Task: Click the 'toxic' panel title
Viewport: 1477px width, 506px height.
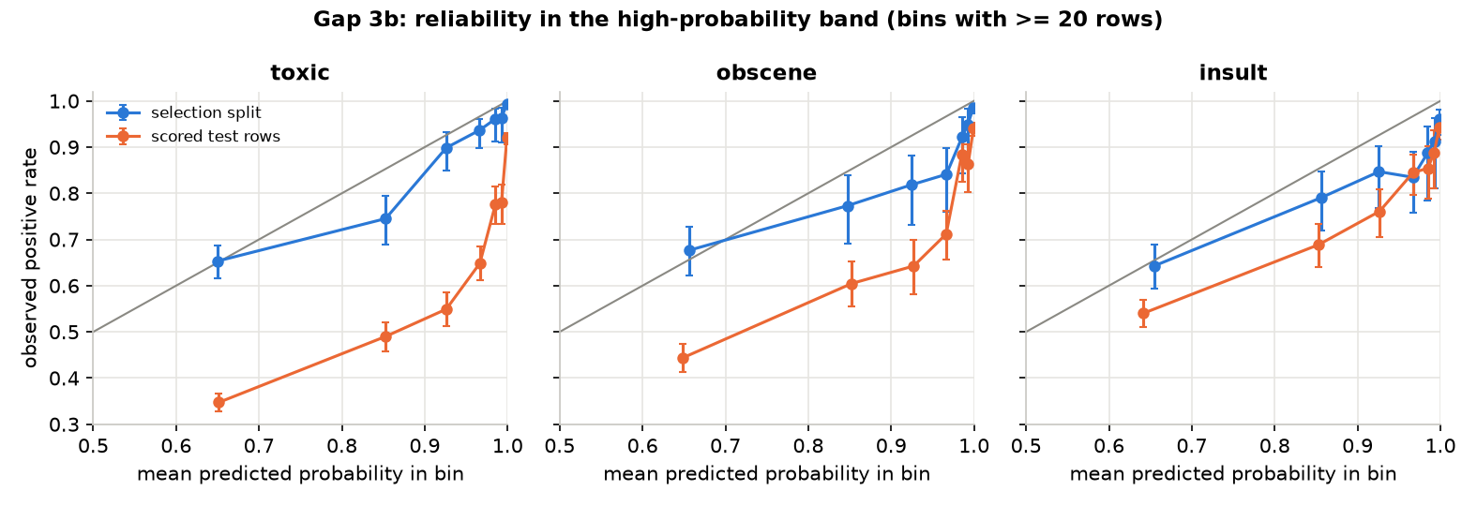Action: coord(300,72)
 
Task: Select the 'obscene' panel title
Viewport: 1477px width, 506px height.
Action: coord(766,72)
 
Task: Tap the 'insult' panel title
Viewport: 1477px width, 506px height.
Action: coord(1233,72)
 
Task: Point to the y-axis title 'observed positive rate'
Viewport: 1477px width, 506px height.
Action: coord(30,258)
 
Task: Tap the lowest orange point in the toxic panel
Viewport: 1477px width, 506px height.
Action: coord(219,403)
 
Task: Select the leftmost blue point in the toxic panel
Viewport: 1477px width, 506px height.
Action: coord(218,261)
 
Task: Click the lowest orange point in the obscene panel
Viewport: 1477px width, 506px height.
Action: coord(683,358)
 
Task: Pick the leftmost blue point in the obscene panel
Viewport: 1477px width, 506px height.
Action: coord(689,250)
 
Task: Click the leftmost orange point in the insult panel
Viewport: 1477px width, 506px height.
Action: coord(1143,314)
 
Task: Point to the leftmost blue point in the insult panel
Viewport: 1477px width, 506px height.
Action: coord(1154,266)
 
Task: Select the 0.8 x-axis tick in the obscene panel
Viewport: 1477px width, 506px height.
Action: coord(807,446)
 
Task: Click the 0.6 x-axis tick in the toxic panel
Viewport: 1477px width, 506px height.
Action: coord(175,446)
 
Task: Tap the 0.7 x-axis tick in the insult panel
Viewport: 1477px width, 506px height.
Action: coord(1192,446)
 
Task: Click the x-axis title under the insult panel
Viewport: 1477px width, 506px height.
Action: coord(1233,474)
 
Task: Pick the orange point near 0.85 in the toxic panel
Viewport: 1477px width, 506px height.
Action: coord(385,336)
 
